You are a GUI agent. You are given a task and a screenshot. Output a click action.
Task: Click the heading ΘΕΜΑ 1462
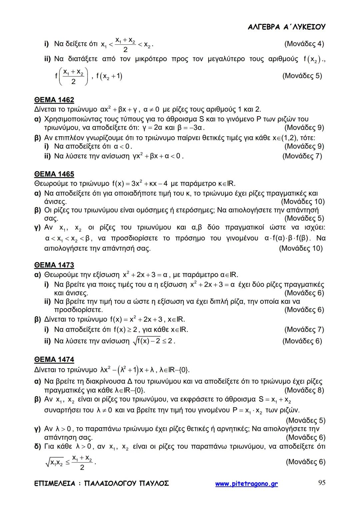(x=54, y=100)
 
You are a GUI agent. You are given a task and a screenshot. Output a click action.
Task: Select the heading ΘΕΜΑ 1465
(x=54, y=174)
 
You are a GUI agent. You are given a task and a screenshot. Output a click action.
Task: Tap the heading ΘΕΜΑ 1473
(x=54, y=265)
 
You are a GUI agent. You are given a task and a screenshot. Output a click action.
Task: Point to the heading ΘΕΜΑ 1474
(x=54, y=359)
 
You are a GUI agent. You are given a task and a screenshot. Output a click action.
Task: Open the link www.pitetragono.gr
(x=246, y=484)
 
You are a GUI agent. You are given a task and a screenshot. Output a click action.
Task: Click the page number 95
(x=322, y=483)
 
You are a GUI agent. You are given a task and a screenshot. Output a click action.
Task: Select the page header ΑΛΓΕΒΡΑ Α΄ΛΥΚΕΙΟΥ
(x=287, y=27)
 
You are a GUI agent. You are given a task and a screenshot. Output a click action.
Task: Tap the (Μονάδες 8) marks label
(x=304, y=390)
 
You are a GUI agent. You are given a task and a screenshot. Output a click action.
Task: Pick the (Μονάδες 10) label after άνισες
(x=303, y=201)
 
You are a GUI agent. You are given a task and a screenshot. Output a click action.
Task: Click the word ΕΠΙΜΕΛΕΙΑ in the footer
(x=55, y=483)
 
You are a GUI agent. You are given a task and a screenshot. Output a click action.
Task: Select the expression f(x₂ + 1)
(x=109, y=76)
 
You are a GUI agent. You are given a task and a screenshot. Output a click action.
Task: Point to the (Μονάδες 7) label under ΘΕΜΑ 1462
(x=302, y=156)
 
